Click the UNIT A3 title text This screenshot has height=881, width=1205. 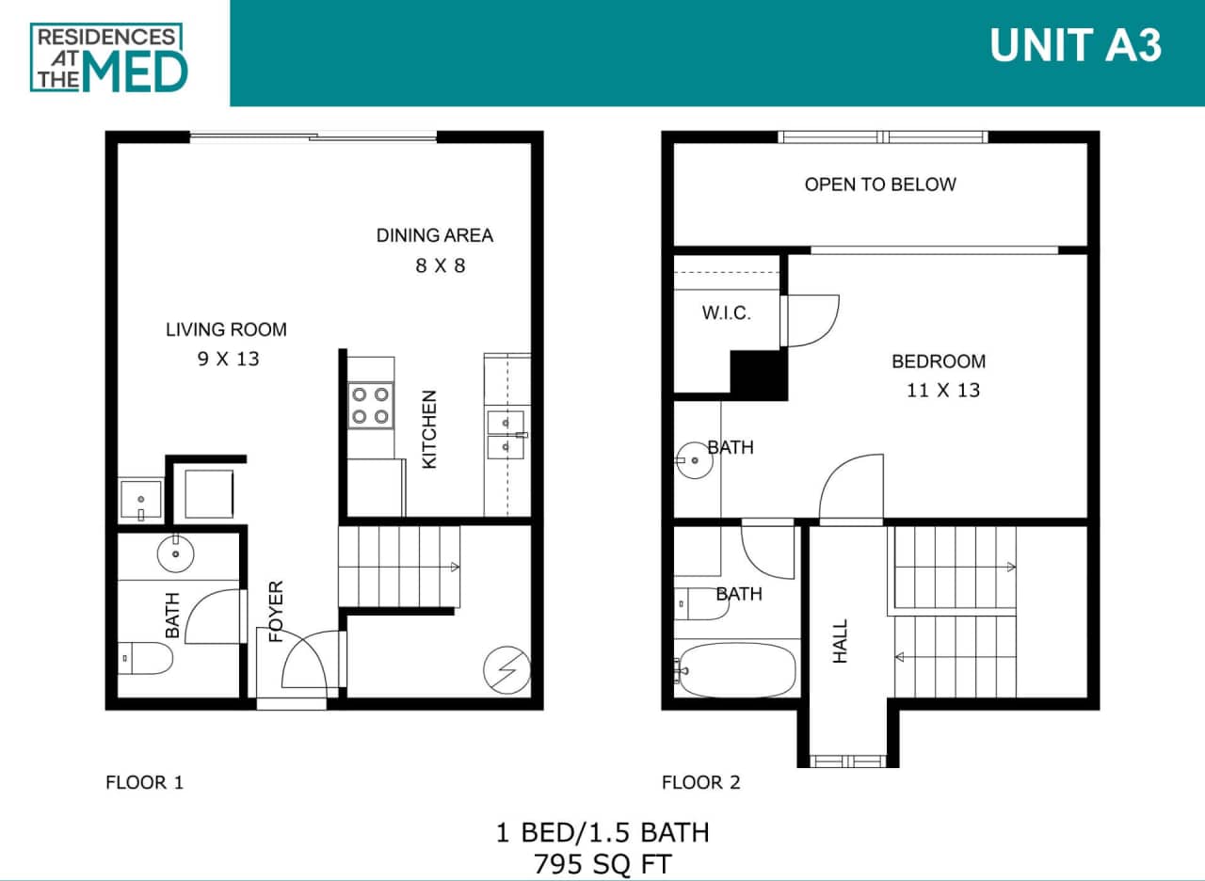point(1075,45)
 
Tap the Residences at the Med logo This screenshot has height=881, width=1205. point(109,57)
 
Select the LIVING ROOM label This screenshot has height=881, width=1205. point(226,329)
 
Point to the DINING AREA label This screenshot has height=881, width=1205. point(434,235)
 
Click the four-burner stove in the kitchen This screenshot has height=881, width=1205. point(371,405)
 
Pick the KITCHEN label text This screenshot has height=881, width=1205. point(429,429)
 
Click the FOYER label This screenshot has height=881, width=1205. point(276,612)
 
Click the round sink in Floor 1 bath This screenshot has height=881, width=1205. point(175,553)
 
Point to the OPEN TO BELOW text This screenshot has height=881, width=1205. point(879,184)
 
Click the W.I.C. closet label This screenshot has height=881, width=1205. point(726,313)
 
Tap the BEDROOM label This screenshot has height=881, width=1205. point(939,361)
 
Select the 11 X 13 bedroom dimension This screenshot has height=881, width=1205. point(942,390)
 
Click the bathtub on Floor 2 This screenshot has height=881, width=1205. point(736,669)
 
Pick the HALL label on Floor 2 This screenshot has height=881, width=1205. point(841,640)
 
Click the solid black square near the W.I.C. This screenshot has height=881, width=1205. point(759,375)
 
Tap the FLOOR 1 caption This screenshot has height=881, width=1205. point(144,782)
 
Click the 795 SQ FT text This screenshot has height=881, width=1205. point(602,863)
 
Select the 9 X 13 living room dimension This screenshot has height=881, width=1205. point(228,358)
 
